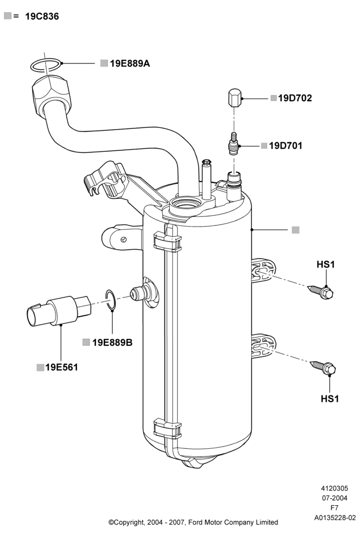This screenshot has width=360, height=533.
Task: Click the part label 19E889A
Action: pyautogui.click(x=130, y=63)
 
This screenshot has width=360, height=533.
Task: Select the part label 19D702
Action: pyautogui.click(x=295, y=98)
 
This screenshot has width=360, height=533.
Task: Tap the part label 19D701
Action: pyautogui.click(x=285, y=146)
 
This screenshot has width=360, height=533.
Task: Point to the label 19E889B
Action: pyautogui.click(x=112, y=343)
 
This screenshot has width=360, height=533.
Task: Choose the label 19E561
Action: pyautogui.click(x=62, y=367)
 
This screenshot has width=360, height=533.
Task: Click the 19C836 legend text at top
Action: pyautogui.click(x=42, y=17)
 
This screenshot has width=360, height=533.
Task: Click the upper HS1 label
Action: pyautogui.click(x=325, y=264)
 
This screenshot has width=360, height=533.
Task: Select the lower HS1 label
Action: pyautogui.click(x=330, y=398)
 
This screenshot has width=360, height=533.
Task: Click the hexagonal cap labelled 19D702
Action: pyautogui.click(x=234, y=98)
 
